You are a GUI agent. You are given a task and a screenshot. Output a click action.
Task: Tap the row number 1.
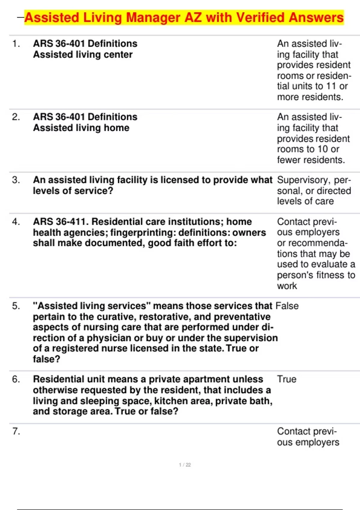(x=16, y=44)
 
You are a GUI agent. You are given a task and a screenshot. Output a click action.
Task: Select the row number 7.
(x=16, y=431)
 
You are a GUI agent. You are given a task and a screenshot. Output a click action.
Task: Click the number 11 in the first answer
(x=331, y=86)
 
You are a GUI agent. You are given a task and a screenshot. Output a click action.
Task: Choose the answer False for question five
(x=287, y=306)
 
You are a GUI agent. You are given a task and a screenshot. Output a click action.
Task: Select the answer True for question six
(x=286, y=379)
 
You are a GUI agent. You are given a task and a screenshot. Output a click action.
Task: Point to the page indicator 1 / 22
(x=185, y=465)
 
